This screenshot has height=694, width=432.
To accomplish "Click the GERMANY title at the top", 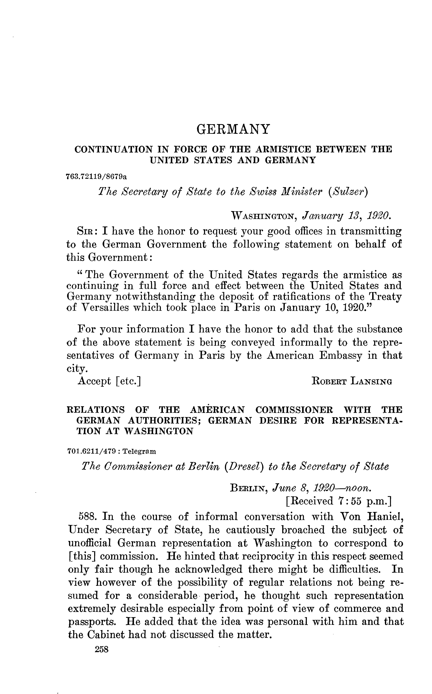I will (233, 129).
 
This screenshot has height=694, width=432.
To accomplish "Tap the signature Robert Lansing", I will (352, 381).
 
